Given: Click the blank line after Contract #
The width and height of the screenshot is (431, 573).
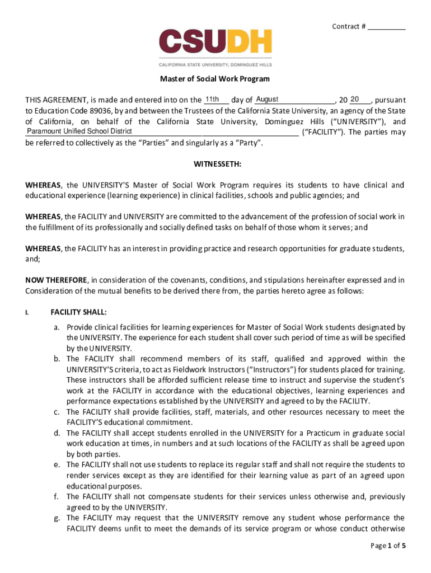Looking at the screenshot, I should pyautogui.click(x=387, y=27).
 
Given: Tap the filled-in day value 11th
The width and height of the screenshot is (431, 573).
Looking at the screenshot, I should pyautogui.click(x=212, y=99).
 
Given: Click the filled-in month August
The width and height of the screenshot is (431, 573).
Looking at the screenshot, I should pyautogui.click(x=267, y=99).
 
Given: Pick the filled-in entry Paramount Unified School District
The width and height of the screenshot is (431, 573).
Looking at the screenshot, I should pyautogui.click(x=79, y=131).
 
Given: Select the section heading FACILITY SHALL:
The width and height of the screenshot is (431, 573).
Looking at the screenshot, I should pyautogui.click(x=78, y=312).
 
